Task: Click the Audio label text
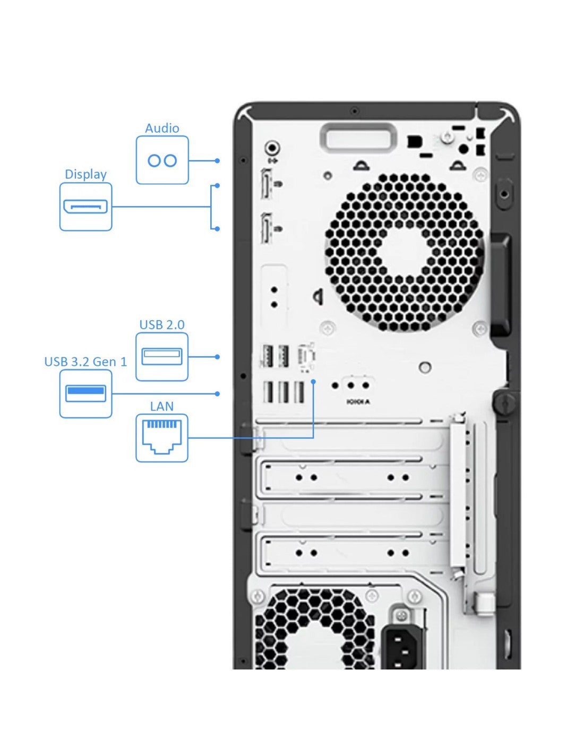[162, 128]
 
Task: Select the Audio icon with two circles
[162, 160]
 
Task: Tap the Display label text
[85, 174]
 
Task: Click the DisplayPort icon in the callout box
[85, 207]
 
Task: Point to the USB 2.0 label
[162, 324]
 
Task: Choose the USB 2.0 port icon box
[162, 357]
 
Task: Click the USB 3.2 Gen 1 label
[85, 362]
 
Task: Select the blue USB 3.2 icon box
[85, 393]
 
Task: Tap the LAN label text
[162, 406]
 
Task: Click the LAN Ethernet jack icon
[162, 438]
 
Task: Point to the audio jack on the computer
[272, 147]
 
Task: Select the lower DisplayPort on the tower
[266, 228]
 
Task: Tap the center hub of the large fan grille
[405, 252]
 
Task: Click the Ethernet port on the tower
[306, 357]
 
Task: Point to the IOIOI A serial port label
[358, 402]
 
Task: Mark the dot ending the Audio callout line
[217, 160]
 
